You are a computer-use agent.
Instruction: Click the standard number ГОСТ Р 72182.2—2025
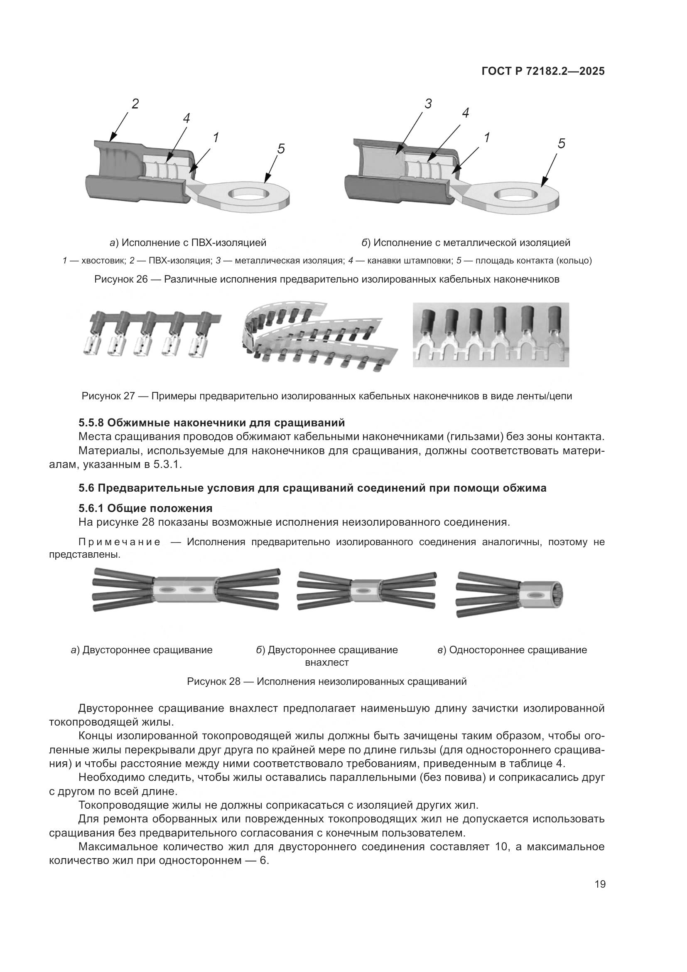pos(543,71)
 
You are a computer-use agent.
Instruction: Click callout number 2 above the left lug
pos(135,103)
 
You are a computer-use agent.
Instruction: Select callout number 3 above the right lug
pos(428,103)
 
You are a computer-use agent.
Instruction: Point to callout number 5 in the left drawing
pos(281,149)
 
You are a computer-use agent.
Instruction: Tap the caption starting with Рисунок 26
pos(326,279)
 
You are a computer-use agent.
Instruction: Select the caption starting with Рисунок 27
pos(326,396)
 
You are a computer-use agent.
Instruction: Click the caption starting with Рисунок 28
pos(326,682)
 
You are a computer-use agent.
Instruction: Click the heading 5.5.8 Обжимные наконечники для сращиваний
pos(211,423)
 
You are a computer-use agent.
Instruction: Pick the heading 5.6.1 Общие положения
pos(145,508)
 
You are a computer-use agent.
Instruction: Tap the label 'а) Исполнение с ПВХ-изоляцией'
pos(188,243)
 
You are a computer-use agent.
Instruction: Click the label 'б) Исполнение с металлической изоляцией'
pos(466,243)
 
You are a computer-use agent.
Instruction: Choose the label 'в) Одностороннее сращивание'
pos(512,650)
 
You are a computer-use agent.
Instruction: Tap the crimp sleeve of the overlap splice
pos(366,590)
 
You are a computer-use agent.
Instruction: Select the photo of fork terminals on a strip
pos(491,335)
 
